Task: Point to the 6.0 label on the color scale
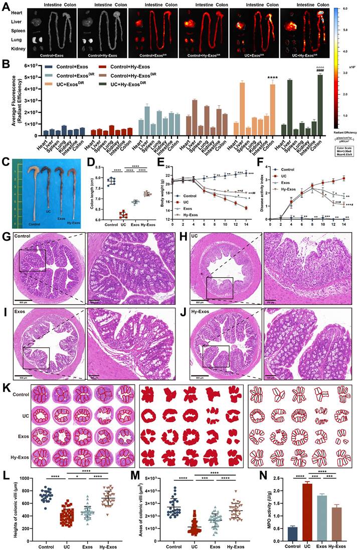(x=346, y=9)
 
